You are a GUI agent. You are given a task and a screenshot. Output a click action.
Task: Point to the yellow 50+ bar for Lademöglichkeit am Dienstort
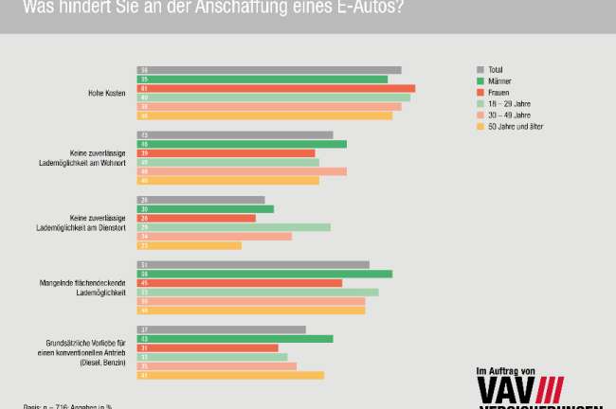[190, 246]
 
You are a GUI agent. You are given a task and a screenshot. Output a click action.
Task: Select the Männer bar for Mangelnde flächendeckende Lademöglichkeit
[264, 274]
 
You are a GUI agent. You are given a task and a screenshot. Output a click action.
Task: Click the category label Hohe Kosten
[107, 93]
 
